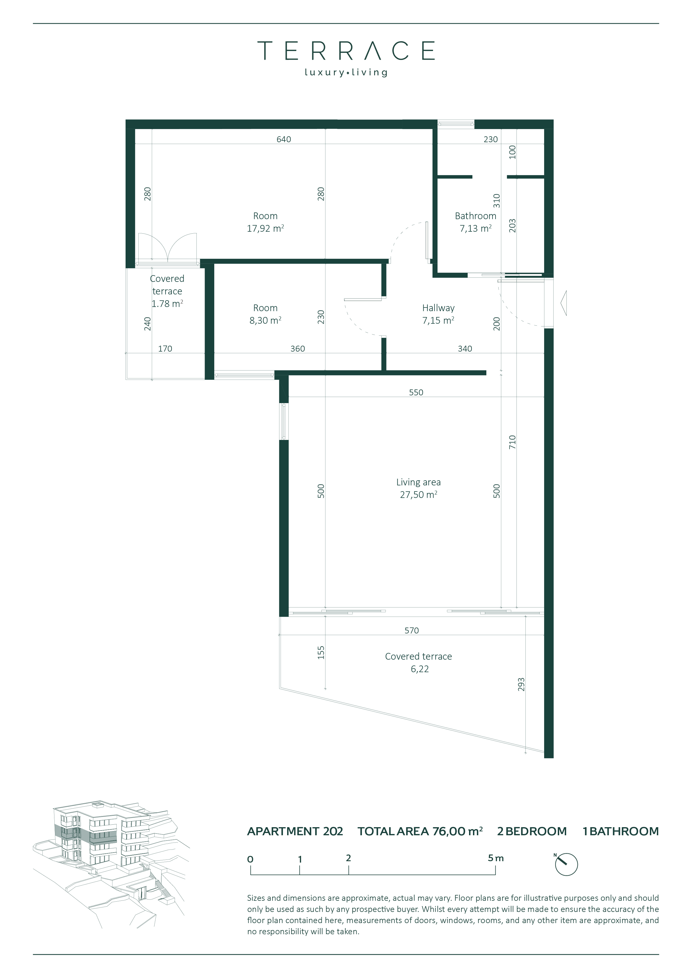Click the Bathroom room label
click(475, 216)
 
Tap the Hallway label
click(438, 308)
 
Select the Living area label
click(418, 482)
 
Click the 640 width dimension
click(283, 139)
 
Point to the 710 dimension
click(512, 442)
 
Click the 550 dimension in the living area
click(416, 392)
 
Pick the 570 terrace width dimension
click(412, 630)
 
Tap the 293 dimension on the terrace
click(521, 684)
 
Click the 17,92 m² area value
click(265, 228)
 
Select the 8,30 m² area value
click(265, 320)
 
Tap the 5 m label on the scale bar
click(496, 858)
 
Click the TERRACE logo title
click(346, 51)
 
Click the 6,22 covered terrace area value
click(420, 669)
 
